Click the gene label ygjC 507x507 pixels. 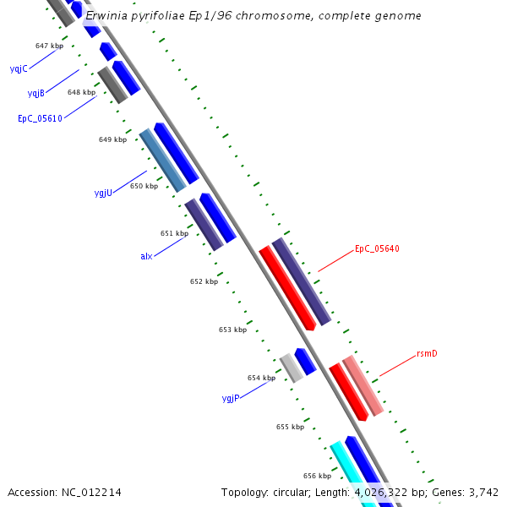18,68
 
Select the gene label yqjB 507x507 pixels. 35,93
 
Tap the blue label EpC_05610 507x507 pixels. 40,119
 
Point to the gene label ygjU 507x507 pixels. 103,194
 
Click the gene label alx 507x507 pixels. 146,256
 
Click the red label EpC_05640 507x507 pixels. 377,248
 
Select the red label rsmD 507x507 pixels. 427,353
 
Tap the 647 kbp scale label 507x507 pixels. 49,46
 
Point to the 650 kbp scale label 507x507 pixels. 144,186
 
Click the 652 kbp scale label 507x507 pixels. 204,281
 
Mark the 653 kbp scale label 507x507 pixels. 232,330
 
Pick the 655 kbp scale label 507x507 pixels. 290,427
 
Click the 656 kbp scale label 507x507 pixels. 317,476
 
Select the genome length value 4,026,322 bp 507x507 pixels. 390,492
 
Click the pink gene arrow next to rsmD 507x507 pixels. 363,385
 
